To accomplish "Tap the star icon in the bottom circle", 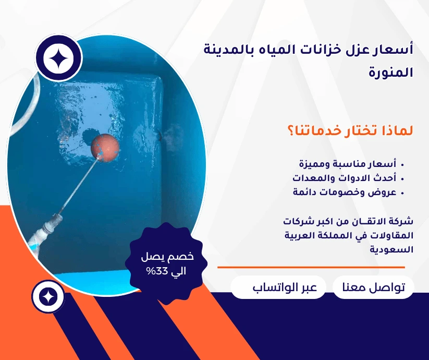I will pyautogui.click(x=48, y=296).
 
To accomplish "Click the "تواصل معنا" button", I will pyautogui.click(x=373, y=287).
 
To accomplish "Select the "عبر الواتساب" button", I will pyautogui.click(x=278, y=287).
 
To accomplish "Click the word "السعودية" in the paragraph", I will pyautogui.click(x=391, y=249).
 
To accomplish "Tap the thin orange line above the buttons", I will pyautogui.click(x=310, y=267).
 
